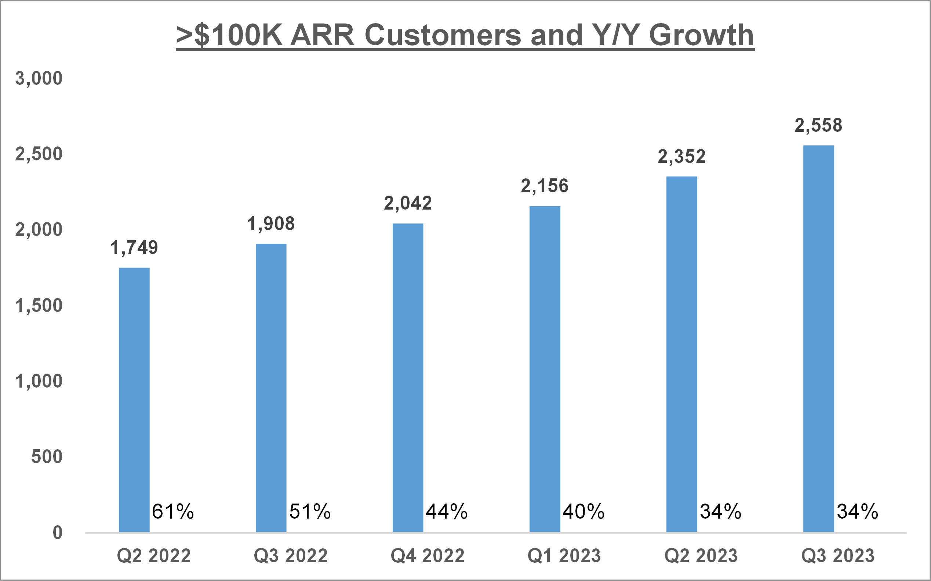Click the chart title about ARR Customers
(465, 35)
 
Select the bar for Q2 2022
(134, 400)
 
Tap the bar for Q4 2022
(408, 378)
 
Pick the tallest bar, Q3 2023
(818, 339)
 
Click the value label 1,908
(271, 224)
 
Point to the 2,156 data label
(545, 186)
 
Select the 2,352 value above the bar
(682, 157)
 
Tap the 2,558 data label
(818, 126)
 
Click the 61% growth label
(173, 512)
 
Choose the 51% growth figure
(310, 512)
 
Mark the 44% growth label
(447, 512)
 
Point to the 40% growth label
(583, 512)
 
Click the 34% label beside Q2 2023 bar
(720, 512)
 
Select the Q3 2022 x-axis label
(291, 556)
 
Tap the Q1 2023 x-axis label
(564, 556)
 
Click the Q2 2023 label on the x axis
(701, 556)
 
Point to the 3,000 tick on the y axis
(39, 79)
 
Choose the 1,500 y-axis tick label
(39, 306)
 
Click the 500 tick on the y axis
(47, 457)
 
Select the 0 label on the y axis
(58, 533)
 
